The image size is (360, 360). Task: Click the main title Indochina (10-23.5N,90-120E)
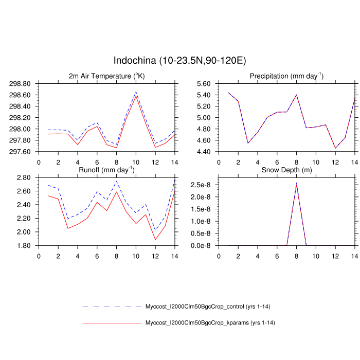pos(180,61)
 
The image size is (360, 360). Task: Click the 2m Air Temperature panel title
pos(107,77)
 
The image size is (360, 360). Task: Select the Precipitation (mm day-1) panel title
pos(286,77)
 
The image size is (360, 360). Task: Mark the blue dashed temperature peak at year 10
pos(136,92)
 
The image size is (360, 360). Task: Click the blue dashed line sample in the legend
pos(112,307)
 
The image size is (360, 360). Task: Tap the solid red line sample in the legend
pos(112,322)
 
